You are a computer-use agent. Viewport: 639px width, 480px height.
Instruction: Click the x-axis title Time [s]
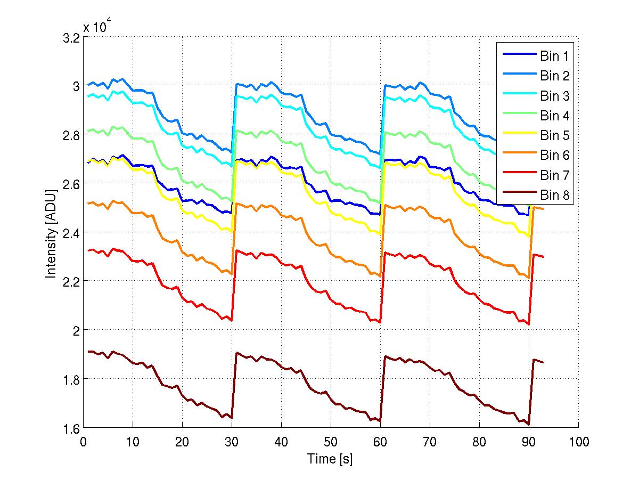pyautogui.click(x=330, y=458)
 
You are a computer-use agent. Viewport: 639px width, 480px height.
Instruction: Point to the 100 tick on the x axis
pyautogui.click(x=578, y=441)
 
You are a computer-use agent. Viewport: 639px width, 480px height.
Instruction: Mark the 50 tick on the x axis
pyautogui.click(x=331, y=441)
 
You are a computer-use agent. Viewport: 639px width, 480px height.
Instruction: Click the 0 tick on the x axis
pyautogui.click(x=84, y=441)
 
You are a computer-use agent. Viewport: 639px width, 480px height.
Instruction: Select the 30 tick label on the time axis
pyautogui.click(x=232, y=441)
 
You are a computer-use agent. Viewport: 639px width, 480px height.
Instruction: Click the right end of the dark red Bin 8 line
pyautogui.click(x=543, y=362)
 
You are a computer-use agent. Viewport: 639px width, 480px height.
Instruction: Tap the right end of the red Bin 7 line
pyautogui.click(x=543, y=257)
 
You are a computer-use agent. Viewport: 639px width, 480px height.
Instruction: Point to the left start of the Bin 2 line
pyautogui.click(x=88, y=84)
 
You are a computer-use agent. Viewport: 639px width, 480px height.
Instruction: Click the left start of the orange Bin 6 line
pyautogui.click(x=88, y=203)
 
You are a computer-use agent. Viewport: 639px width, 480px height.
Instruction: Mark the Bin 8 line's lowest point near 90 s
pyautogui.click(x=529, y=425)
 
